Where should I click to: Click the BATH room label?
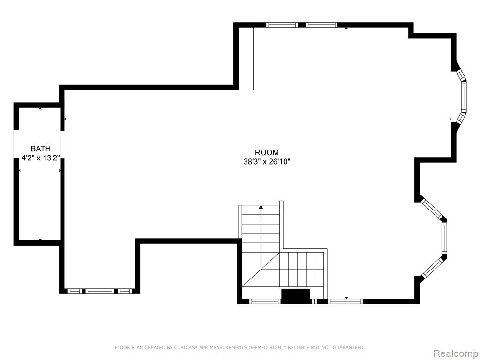pos(40,149)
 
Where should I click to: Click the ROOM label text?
pos(267,152)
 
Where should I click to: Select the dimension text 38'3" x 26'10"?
pos(267,162)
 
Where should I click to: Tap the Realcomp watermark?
pos(455,353)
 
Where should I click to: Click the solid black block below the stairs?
pos(295,296)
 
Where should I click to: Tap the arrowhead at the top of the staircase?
pos(261,207)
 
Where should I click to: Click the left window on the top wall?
pos(282,25)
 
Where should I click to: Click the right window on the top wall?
pos(322,25)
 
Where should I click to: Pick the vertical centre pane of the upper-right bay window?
pos(464,97)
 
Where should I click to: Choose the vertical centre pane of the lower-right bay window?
pos(444,238)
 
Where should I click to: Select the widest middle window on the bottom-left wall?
pos(99,291)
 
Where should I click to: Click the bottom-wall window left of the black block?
pos(265,301)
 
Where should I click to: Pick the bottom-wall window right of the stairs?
pos(345,301)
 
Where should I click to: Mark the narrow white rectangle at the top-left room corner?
pos(246,59)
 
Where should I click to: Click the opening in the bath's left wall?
pos(16,144)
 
